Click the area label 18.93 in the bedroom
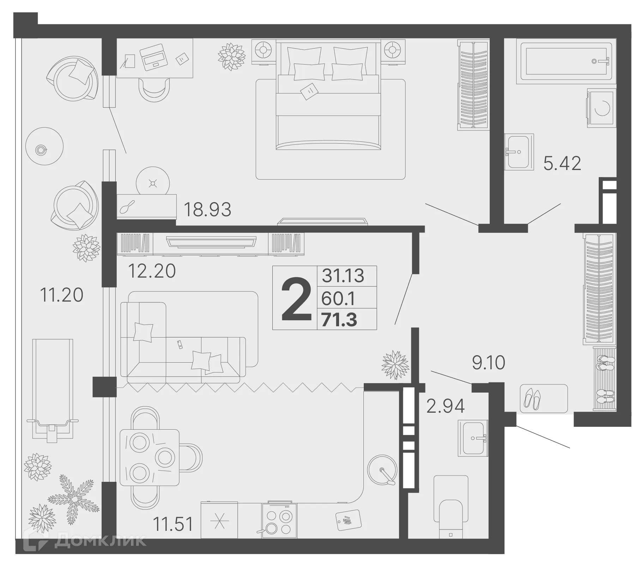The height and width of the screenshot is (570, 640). (x=207, y=210)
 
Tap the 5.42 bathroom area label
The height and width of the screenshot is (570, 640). (x=562, y=164)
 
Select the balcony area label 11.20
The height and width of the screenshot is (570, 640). (x=62, y=295)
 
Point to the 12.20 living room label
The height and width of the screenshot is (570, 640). (x=152, y=271)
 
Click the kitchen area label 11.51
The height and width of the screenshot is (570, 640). (x=173, y=524)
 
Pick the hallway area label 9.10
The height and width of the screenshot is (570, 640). (x=489, y=363)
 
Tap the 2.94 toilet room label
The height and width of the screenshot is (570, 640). (x=445, y=406)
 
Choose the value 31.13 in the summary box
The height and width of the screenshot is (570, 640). (x=343, y=275)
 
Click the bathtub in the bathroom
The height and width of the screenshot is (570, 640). (x=566, y=61)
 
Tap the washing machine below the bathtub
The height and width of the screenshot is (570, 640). (x=602, y=108)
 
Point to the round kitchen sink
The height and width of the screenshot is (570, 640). (x=382, y=470)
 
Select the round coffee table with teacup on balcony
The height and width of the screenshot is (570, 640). (x=44, y=146)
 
